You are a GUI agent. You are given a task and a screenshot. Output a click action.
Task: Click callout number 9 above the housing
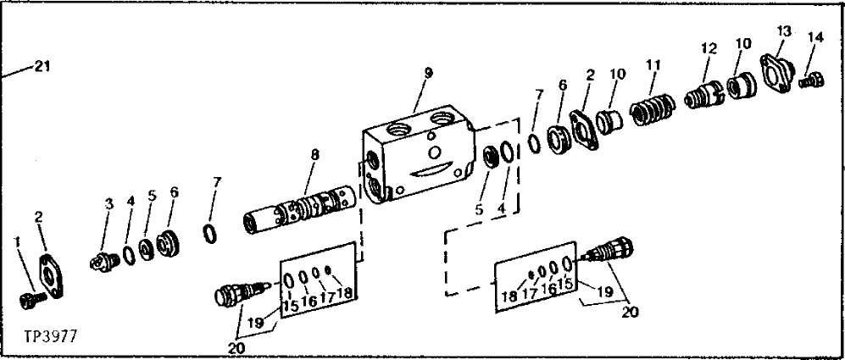point(428,73)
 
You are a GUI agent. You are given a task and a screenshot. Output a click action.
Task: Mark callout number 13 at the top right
point(784,30)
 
